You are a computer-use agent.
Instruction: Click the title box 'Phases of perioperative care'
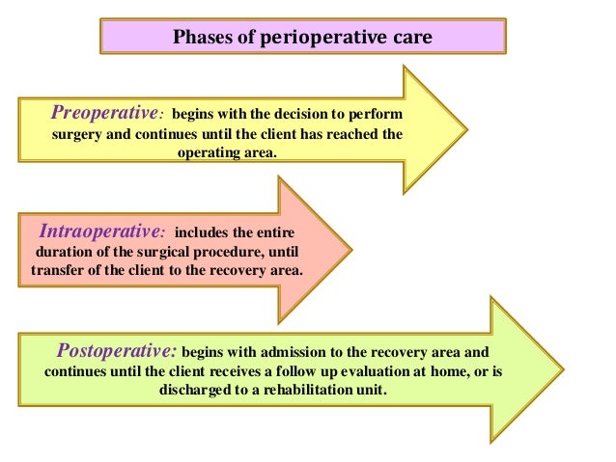(x=303, y=38)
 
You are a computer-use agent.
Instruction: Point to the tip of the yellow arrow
(x=466, y=125)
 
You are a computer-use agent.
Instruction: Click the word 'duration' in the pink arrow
(x=63, y=252)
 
